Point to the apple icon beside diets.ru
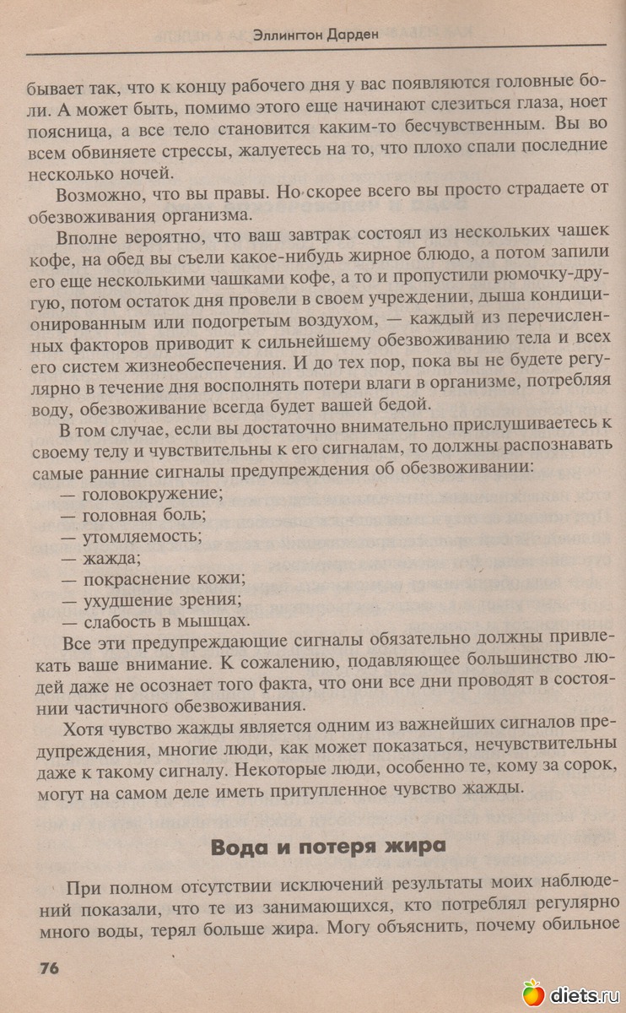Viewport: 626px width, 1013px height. pyautogui.click(x=532, y=993)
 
